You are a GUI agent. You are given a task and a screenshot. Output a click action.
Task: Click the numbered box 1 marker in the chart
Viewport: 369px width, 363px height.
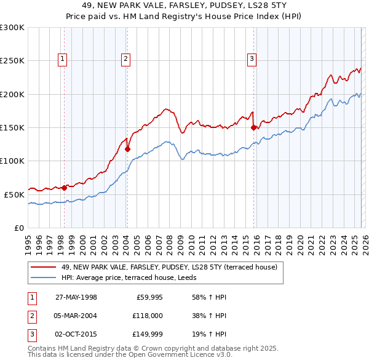click(63, 59)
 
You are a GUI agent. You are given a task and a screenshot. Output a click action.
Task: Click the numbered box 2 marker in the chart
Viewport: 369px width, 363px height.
click(125, 59)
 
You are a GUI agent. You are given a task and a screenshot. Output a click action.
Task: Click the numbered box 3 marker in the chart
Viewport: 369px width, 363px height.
click(252, 59)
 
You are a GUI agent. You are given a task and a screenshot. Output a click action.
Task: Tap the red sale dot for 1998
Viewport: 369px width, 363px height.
click(64, 188)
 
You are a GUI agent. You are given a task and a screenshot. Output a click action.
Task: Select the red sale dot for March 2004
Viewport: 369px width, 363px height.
click(127, 149)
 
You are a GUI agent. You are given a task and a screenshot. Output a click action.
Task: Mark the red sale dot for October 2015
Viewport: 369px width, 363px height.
click(253, 128)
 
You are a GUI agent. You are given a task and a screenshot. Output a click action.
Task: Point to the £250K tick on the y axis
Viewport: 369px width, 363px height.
click(12, 61)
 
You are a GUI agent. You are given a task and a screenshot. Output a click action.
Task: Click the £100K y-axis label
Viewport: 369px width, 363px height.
click(12, 161)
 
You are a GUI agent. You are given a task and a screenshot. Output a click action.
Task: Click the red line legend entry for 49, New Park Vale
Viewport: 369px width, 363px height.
click(169, 267)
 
